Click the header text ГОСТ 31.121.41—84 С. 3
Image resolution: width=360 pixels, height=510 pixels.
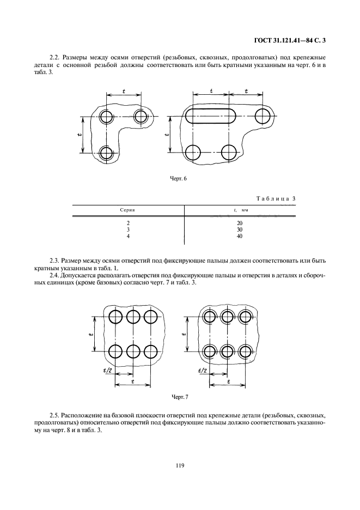[x=293, y=39]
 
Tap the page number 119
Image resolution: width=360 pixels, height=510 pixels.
[x=180, y=465]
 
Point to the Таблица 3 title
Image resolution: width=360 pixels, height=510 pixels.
[x=275, y=199]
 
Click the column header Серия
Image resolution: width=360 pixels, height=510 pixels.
[x=128, y=209]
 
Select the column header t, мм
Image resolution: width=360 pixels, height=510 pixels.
[x=240, y=209]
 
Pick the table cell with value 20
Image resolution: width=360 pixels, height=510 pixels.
[x=240, y=223]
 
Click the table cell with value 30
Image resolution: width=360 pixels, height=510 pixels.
[x=240, y=230]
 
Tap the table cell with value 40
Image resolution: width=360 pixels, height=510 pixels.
[x=240, y=236]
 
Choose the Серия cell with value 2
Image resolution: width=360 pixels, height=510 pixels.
[x=128, y=223]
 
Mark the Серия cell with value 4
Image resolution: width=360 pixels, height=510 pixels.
[x=128, y=236]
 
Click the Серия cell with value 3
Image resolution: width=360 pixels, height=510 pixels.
[x=128, y=230]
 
